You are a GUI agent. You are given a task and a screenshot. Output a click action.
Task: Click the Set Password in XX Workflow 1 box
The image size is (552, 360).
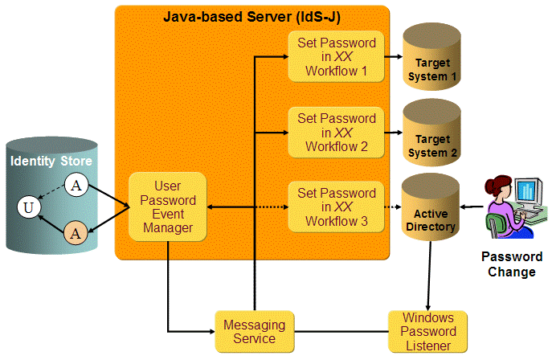[337, 56]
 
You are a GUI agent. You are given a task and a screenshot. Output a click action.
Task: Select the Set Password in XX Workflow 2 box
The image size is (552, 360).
[337, 132]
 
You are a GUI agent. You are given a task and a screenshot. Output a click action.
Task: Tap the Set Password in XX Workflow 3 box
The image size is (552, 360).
[337, 207]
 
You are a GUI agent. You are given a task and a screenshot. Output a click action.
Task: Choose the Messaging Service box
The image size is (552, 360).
[253, 331]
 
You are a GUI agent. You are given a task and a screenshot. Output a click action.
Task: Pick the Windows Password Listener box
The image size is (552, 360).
[427, 331]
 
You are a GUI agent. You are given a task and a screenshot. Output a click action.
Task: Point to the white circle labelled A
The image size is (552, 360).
[76, 186]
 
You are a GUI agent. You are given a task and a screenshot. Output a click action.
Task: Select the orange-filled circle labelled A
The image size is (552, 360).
[76, 234]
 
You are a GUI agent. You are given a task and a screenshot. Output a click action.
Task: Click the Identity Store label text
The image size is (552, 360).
[51, 162]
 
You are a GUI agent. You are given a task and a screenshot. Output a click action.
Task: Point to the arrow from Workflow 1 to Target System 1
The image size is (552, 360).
[393, 56]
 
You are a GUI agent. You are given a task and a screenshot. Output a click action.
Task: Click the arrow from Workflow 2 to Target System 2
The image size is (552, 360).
[393, 132]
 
